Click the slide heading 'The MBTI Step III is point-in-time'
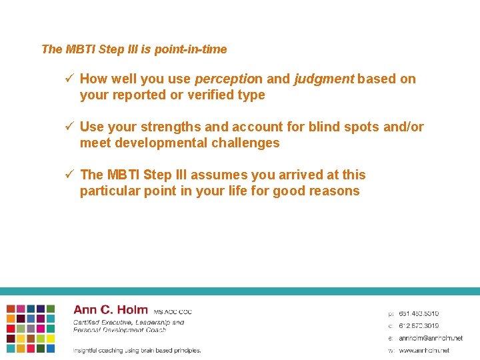pos(134,49)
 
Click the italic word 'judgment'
pos(323,79)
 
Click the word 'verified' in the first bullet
pos(204,95)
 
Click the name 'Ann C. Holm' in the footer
pos(111,310)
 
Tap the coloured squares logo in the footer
pos(31,329)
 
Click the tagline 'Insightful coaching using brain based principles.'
pos(137,350)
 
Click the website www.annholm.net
pos(424,350)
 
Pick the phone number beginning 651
pos(419,313)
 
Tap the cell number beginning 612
pos(419,325)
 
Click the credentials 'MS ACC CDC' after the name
pos(173,312)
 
